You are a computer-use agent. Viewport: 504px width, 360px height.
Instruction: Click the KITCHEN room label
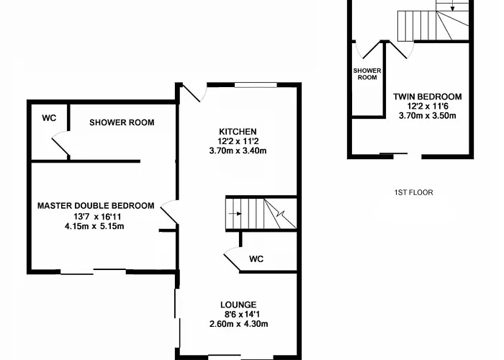pos(238,132)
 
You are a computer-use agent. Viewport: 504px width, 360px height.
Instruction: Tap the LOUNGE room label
pos(238,305)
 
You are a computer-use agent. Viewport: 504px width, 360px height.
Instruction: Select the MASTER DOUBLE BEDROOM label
pos(96,206)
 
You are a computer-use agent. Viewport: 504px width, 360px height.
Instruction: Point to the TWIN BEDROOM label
pos(428,96)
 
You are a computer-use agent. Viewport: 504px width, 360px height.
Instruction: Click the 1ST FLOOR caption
pos(414,192)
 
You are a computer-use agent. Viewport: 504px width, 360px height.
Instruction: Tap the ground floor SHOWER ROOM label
pos(122,122)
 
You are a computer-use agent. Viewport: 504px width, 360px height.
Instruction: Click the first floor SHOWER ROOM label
pos(367,74)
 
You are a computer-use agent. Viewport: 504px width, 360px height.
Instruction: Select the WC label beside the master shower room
pos(49,118)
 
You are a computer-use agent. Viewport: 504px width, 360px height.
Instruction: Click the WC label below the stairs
pos(256,259)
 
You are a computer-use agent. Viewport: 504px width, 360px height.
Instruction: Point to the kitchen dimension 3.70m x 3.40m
pos(238,150)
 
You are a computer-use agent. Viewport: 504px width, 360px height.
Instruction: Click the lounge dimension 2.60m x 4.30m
pos(238,324)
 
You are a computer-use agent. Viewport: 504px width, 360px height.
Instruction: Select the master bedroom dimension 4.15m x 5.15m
pos(94,226)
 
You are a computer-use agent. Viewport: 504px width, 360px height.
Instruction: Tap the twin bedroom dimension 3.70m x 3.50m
pos(428,116)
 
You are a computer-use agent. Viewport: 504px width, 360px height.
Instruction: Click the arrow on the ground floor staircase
pos(235,214)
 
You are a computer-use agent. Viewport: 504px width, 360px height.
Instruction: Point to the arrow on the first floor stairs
pos(452,6)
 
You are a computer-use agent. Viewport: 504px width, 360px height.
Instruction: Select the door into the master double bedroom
pos(168,212)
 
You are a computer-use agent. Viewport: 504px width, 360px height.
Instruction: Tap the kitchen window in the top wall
pos(256,85)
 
